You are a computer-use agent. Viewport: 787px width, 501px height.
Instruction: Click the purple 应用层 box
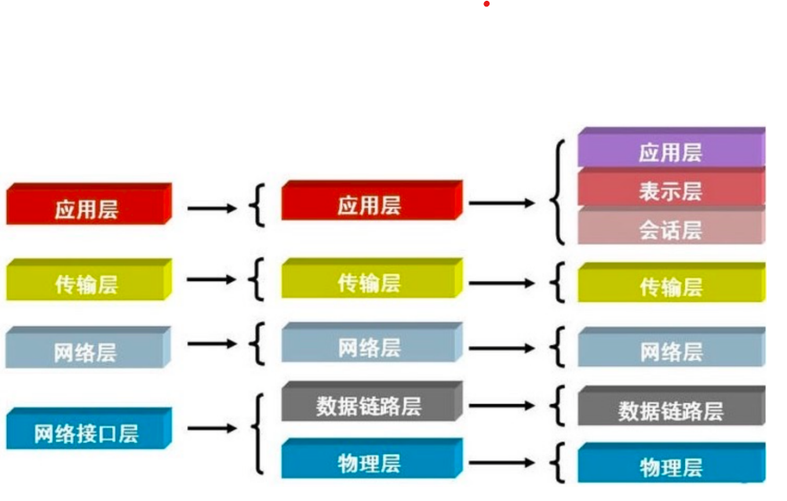pos(671,151)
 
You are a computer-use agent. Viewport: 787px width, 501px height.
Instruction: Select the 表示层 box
pos(671,191)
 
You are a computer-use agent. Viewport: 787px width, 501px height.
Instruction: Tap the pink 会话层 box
pos(671,229)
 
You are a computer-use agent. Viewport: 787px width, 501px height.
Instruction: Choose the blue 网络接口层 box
pos(86,432)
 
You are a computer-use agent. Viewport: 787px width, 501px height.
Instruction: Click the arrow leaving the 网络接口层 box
pos(212,429)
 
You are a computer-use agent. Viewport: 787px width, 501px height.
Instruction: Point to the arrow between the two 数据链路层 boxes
pos(502,406)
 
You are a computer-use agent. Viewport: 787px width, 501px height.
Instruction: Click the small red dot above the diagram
pos(486,5)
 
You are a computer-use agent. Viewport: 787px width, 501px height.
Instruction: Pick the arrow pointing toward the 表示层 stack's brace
pos(502,203)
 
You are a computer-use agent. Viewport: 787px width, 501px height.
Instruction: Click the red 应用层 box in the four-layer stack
pos(86,209)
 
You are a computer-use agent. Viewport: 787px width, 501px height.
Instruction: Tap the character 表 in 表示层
pos(649,191)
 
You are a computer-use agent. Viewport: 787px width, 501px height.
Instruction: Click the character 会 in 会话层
pos(649,230)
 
